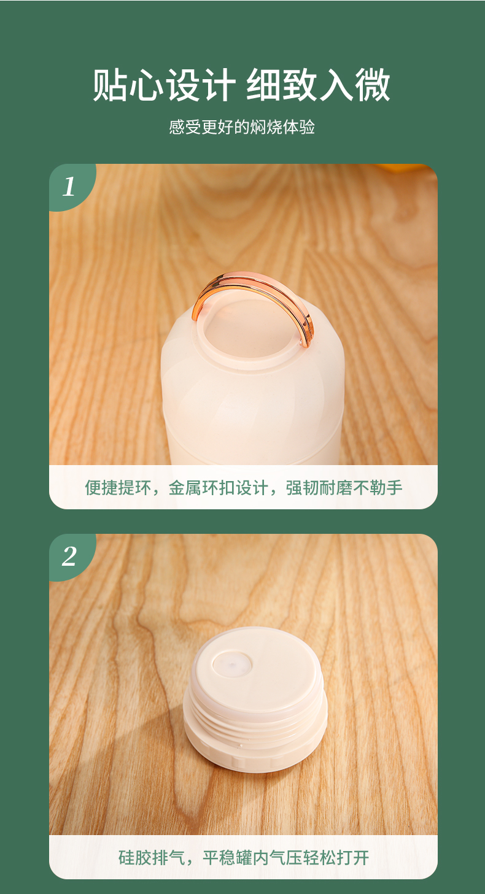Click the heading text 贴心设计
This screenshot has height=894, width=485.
pos(164,85)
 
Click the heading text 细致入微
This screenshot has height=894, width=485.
pos(318,85)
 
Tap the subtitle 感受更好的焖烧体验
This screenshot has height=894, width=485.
pos(242,127)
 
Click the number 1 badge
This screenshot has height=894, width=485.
pos(69,186)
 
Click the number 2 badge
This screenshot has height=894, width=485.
pos(69,556)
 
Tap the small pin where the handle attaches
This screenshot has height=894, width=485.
pos(301,341)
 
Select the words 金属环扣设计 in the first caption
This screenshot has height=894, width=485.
pos(218,487)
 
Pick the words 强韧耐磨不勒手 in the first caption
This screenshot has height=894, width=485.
pos(344,487)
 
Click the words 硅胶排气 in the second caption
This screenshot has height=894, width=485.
pos(151,857)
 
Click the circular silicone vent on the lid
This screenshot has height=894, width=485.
pos(232,665)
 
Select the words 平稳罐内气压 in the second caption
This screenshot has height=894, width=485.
pos(252,857)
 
